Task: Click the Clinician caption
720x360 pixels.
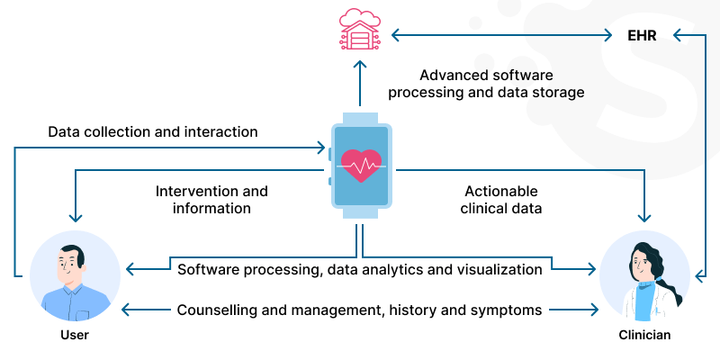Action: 644,335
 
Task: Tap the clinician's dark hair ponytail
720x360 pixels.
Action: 670,279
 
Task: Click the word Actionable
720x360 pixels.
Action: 501,191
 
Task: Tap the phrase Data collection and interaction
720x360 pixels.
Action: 152,131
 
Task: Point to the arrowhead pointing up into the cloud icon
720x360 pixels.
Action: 359,66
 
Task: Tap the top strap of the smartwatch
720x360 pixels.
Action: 359,119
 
